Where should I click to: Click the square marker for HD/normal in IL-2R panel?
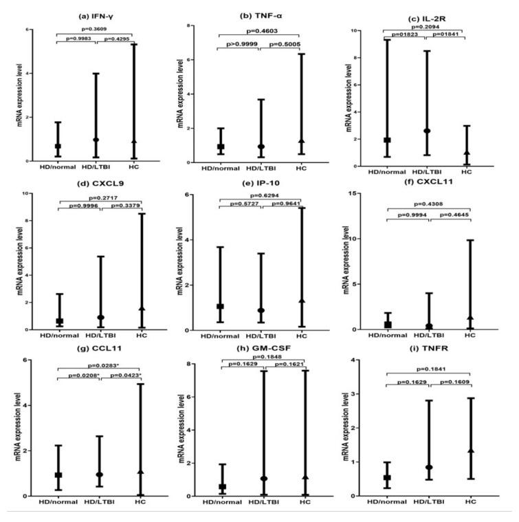[387, 140]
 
